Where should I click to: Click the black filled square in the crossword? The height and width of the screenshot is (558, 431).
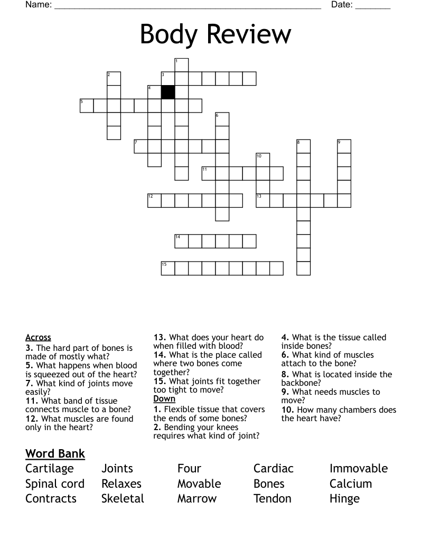point(168,92)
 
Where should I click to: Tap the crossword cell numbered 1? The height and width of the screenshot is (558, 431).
point(181,65)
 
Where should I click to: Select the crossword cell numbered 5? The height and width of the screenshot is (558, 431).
point(87,105)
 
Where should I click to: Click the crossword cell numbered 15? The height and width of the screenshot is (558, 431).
point(168,268)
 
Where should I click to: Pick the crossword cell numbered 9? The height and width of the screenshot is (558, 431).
point(344,146)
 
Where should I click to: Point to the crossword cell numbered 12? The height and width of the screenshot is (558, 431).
point(154,200)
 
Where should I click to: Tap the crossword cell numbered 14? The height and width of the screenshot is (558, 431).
point(181,241)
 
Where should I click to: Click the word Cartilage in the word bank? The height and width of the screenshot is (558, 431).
point(50,469)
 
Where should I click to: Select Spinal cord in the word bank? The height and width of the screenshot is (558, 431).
point(55,484)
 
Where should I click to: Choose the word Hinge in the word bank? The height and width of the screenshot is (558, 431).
point(344,499)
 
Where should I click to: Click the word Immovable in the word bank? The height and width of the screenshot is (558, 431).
point(359,469)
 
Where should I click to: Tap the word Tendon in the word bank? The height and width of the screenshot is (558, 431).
point(273,499)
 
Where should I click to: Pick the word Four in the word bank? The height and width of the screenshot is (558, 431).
point(189,469)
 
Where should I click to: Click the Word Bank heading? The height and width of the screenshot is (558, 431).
point(55,453)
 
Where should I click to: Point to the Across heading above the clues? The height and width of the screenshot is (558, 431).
point(38,338)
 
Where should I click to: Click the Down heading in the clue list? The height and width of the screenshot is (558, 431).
point(164,399)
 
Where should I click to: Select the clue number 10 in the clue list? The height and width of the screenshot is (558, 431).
point(287,410)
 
